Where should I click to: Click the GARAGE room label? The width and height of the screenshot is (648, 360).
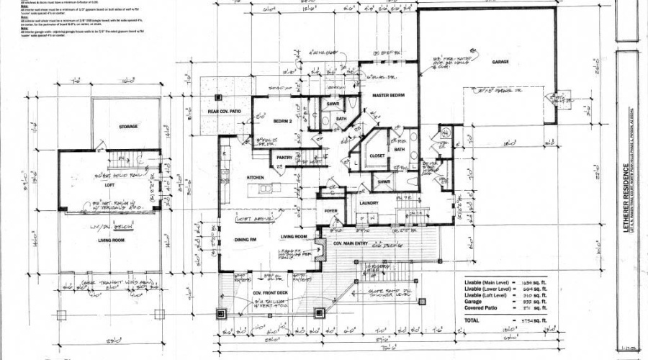[x=500, y=62]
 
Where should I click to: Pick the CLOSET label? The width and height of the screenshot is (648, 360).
[x=378, y=156]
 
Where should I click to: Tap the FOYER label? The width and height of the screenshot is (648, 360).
[x=331, y=211]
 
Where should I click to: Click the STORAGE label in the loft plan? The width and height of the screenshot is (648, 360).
[x=128, y=127]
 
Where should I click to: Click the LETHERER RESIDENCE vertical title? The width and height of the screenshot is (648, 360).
[x=624, y=180]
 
